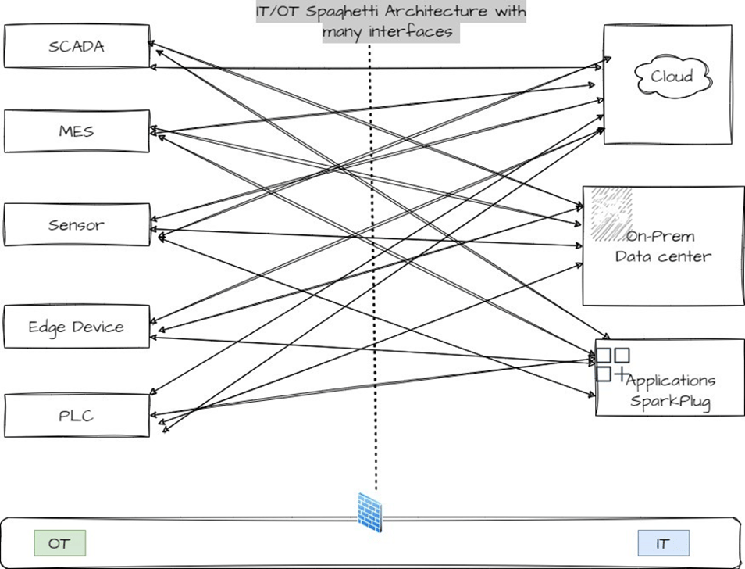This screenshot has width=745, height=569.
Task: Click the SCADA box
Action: point(76,45)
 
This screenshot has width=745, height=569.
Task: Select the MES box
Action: point(76,131)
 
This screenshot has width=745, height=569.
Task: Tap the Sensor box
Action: point(76,225)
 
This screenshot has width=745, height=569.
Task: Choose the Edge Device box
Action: point(76,327)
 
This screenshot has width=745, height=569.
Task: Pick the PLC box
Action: point(76,415)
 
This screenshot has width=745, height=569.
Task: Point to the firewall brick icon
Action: point(369,512)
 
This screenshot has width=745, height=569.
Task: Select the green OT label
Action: point(59,543)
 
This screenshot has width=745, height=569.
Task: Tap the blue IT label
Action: point(663,543)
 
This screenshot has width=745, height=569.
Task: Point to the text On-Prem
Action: point(661,236)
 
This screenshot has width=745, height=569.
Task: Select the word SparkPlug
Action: point(672,401)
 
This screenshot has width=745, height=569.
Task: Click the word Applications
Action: point(670,381)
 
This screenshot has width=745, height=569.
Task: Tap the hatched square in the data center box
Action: point(611,213)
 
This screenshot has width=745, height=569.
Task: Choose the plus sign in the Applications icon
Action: point(622,374)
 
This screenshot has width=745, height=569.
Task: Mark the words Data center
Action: point(662,256)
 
